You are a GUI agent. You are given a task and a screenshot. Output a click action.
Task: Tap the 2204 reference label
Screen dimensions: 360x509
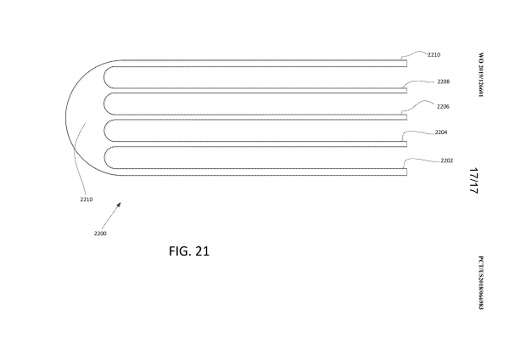(441, 133)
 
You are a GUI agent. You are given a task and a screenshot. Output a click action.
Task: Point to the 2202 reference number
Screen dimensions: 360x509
(448, 160)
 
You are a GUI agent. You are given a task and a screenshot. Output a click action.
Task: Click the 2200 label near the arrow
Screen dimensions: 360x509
(100, 232)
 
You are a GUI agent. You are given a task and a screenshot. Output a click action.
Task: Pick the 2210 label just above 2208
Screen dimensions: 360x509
(434, 54)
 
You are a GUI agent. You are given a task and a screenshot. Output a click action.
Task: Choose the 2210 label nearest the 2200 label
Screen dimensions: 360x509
(87, 200)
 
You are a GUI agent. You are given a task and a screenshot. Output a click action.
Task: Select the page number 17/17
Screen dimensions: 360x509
(473, 182)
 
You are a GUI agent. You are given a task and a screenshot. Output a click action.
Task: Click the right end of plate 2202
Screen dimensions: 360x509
(406, 172)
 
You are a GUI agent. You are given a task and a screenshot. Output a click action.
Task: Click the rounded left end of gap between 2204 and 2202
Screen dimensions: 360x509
(106, 159)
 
